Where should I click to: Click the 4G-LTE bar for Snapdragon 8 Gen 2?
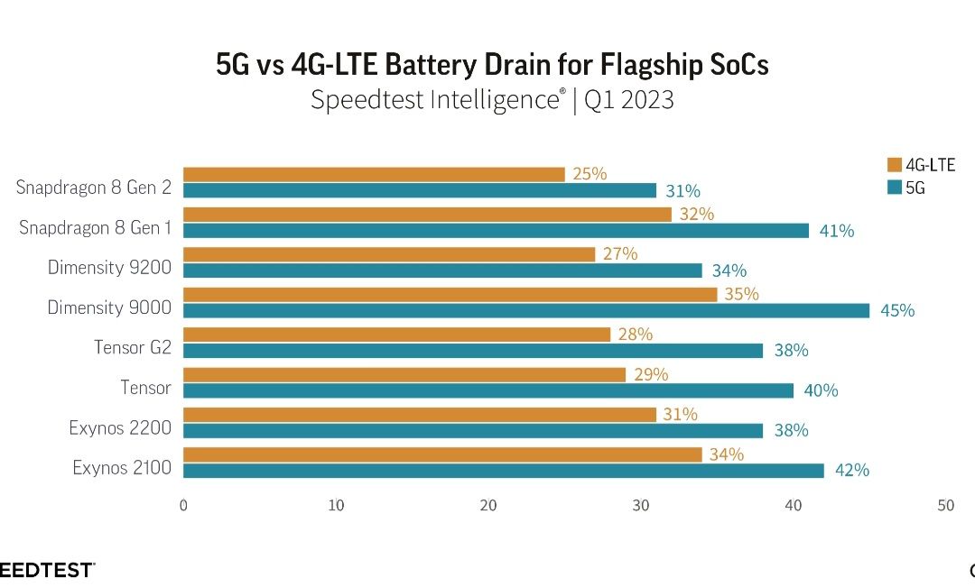[374, 174]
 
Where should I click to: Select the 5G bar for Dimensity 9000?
[526, 310]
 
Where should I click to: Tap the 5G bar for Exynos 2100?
[504, 470]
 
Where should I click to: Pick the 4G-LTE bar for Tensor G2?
[396, 335]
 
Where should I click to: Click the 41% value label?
[837, 231]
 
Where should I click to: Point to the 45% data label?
[897, 311]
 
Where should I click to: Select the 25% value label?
[590, 174]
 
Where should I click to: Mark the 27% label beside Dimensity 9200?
[619, 254]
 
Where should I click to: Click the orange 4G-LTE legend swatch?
[895, 164]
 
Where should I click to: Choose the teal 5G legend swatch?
[895, 188]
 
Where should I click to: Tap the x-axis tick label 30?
[641, 506]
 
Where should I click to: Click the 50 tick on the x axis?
[945, 506]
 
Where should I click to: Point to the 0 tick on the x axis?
[184, 506]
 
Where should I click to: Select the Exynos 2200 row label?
[120, 427]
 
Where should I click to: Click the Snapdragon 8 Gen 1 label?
[95, 228]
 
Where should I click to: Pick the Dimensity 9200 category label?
[109, 268]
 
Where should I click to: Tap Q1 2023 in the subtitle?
[629, 99]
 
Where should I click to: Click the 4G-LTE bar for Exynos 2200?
[420, 414]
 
